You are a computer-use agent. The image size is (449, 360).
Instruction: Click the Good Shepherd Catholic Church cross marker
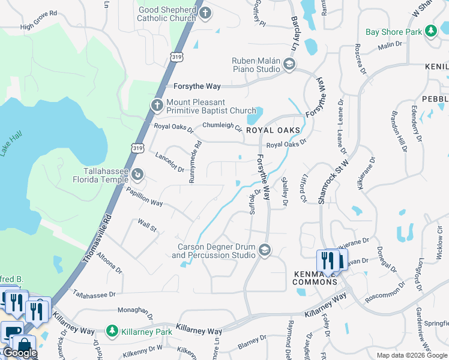point(205,13)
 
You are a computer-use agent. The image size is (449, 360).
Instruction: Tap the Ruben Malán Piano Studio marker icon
point(289,65)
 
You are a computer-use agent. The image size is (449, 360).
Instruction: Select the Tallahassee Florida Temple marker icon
point(137,175)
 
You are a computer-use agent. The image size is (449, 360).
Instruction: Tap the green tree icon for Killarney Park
point(111,331)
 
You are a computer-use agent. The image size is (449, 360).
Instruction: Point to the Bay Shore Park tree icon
point(430,31)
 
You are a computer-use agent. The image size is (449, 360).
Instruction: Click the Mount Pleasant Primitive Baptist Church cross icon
point(157,106)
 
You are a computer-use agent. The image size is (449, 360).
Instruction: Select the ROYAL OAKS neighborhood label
point(273,130)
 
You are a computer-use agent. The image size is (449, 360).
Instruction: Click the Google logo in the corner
point(19,353)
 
